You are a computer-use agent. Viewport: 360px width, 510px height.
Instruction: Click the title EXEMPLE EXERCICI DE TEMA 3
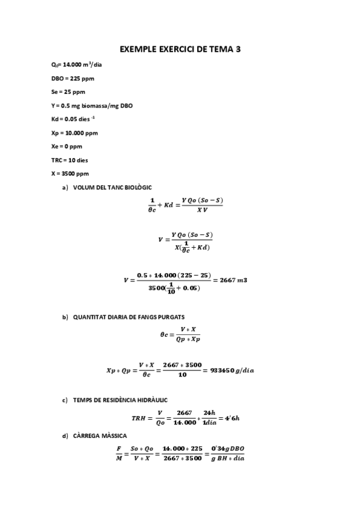tap(180, 49)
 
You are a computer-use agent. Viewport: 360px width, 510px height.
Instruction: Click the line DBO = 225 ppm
tap(73, 78)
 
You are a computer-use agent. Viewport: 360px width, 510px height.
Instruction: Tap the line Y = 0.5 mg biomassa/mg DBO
tap(92, 105)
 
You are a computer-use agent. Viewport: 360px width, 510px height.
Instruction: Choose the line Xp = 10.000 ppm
tap(75, 132)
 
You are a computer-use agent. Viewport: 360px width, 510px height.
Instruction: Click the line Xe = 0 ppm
tap(67, 146)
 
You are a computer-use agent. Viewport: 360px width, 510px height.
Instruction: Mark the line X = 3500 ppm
tap(71, 173)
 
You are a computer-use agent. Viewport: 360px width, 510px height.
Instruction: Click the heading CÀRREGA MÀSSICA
tap(100, 435)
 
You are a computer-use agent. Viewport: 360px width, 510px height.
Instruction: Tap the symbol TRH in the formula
tap(139, 417)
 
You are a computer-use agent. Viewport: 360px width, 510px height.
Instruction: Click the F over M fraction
tap(118, 453)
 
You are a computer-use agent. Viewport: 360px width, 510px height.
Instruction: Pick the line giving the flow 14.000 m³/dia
tap(76, 64)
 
